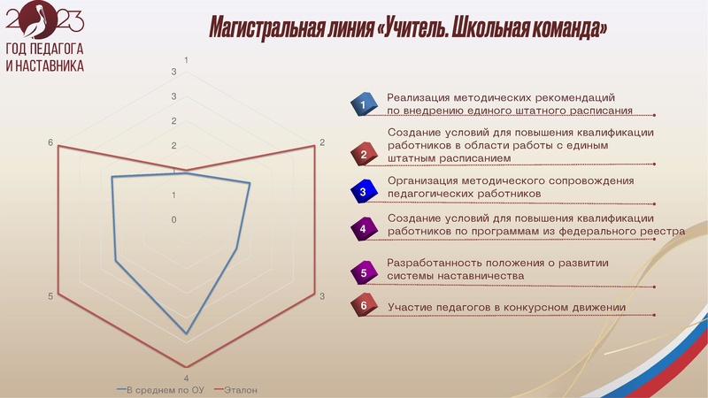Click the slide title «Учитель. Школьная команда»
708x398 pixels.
tap(408, 27)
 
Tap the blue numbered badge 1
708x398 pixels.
tap(363, 105)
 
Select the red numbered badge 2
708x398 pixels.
tap(363, 155)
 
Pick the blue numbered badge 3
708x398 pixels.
tap(363, 191)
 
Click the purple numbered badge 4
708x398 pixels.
tap(363, 229)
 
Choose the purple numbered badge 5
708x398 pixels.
tap(363, 273)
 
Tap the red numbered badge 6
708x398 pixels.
tap(363, 306)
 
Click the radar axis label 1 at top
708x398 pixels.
tap(186, 60)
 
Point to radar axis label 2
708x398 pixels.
tap(322, 143)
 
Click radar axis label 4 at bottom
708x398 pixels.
tap(186, 379)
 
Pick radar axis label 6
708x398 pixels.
tap(50, 143)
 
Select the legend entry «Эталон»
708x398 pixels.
tap(241, 390)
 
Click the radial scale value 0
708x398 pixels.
tap(174, 219)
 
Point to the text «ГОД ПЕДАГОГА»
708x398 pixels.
tap(44, 50)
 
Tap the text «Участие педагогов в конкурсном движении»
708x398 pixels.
tap(507, 307)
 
